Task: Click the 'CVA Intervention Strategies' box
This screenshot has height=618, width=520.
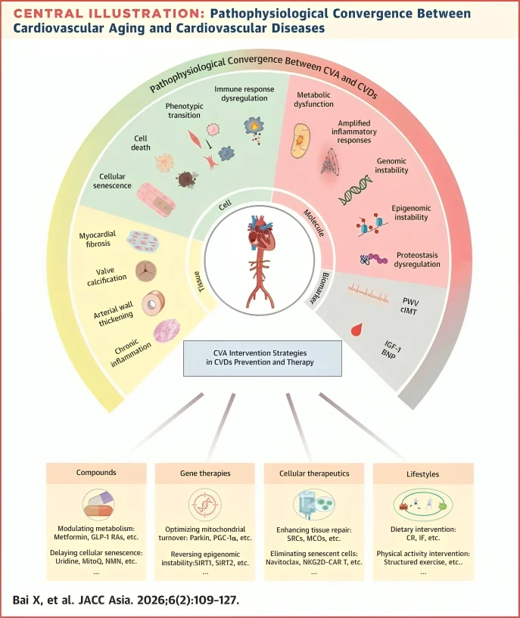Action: tap(259, 358)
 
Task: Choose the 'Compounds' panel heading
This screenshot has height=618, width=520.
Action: tap(96, 473)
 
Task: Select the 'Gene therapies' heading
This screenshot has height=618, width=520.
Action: tap(204, 473)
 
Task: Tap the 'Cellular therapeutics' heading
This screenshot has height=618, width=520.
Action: tap(313, 473)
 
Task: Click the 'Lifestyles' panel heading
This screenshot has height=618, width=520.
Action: tap(422, 473)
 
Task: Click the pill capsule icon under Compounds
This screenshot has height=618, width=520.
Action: tap(96, 504)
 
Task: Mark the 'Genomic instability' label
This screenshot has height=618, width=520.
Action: tap(392, 166)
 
